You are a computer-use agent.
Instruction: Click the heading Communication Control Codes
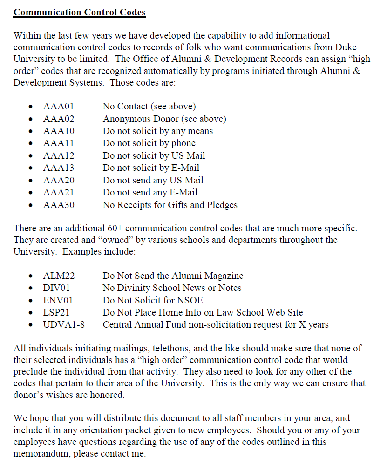click(79, 12)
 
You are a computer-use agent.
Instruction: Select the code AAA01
click(59, 107)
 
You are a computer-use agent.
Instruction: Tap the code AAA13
click(59, 168)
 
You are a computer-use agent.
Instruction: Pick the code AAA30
click(59, 205)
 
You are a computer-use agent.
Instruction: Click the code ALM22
click(59, 276)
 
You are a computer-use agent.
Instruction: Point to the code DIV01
click(57, 288)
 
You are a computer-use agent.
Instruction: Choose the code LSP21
click(57, 313)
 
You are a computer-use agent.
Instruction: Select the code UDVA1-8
click(64, 325)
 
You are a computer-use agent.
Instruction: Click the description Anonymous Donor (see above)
click(164, 119)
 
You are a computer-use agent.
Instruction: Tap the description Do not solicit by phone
click(149, 143)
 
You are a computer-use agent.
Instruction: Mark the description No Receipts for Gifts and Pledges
click(170, 205)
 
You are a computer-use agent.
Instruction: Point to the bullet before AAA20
click(31, 181)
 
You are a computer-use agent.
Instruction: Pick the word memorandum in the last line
click(42, 453)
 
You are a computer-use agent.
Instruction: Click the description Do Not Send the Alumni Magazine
click(173, 276)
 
